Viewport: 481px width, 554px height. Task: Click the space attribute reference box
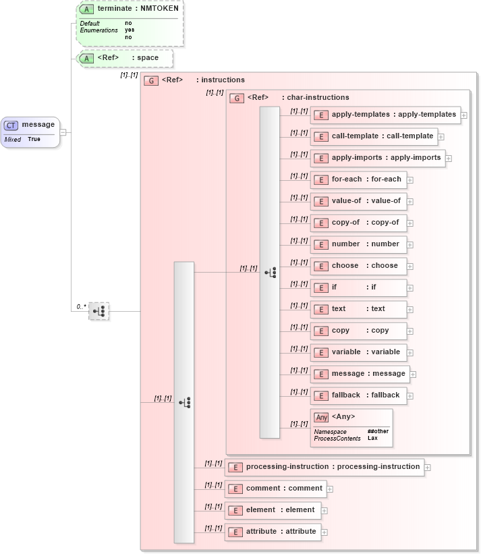point(125,58)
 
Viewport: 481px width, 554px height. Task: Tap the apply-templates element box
point(385,115)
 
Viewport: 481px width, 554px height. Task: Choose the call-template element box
point(374,136)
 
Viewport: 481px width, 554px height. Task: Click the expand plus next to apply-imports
point(449,159)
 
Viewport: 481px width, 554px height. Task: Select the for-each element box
point(358,179)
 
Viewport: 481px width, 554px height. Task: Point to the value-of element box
point(358,201)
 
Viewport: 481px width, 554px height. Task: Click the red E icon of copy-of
point(321,223)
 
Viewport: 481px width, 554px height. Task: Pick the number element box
point(358,244)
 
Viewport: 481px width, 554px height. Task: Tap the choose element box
point(358,266)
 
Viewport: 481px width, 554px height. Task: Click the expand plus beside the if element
point(410,288)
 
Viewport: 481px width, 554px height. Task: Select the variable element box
point(358,352)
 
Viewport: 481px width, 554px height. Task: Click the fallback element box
point(358,395)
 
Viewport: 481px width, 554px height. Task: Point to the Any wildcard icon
point(322,418)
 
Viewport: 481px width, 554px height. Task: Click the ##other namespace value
point(378,431)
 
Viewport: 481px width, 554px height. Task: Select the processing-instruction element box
point(324,467)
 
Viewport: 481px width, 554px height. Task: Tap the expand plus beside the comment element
point(330,489)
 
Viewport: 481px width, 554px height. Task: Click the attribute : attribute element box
point(273,532)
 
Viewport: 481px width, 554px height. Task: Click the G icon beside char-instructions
point(237,98)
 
